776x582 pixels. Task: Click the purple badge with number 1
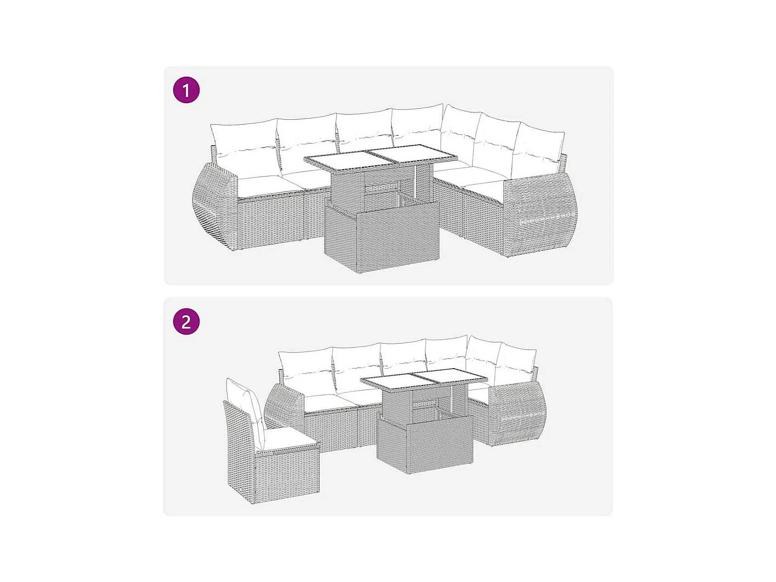point(187,90)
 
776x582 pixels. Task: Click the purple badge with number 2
point(187,322)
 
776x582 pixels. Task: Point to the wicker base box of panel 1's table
point(382,237)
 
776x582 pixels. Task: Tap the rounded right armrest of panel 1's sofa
point(541,215)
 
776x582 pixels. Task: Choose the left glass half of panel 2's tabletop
point(393,382)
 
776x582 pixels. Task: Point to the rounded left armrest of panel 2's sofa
point(285,406)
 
